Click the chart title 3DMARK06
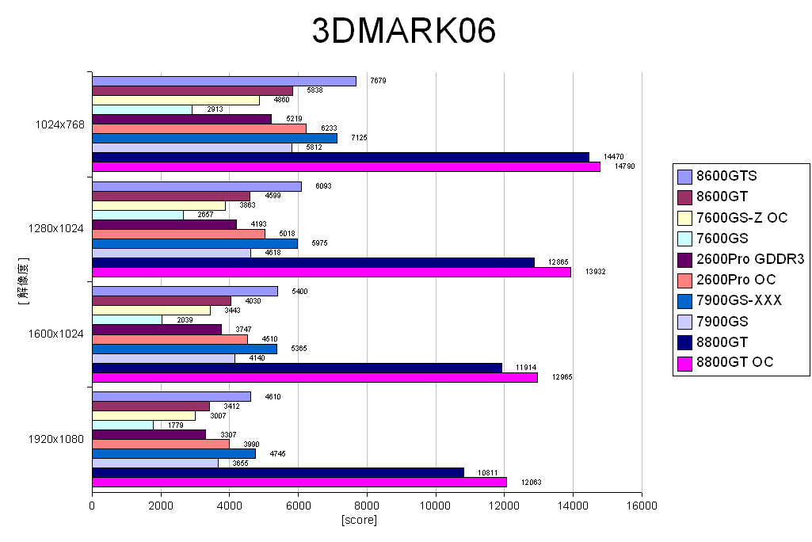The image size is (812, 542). (403, 32)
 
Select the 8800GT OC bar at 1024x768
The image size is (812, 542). (346, 166)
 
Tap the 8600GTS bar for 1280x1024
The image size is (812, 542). (196, 186)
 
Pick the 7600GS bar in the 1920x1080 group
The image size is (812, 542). (123, 425)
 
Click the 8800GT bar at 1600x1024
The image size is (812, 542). (297, 368)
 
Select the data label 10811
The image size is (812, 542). (486, 472)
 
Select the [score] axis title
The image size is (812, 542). (359, 520)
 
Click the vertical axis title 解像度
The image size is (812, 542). (24, 281)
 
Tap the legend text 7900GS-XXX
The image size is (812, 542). (739, 300)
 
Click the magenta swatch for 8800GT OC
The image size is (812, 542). (685, 363)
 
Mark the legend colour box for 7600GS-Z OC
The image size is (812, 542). (685, 218)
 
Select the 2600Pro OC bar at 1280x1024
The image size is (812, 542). (178, 234)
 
